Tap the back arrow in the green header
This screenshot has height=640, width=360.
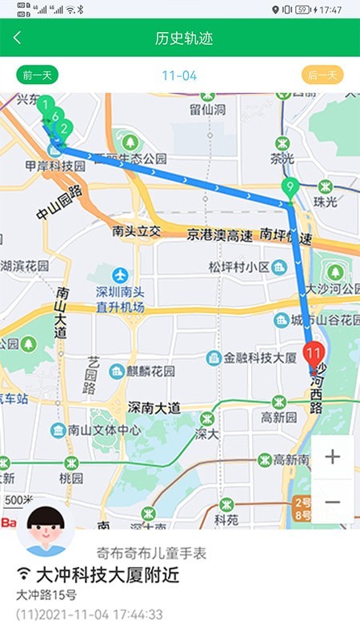(18, 38)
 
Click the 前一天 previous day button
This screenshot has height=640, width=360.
(38, 76)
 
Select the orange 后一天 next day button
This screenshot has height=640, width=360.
(322, 76)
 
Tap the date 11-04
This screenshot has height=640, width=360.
(179, 76)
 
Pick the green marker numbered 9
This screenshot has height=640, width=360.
(290, 190)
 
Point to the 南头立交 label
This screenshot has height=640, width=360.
(137, 232)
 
